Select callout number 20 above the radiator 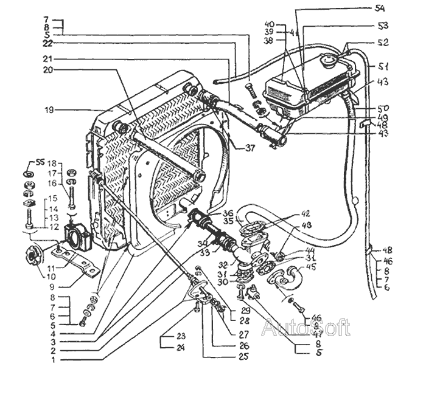point(49,69)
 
